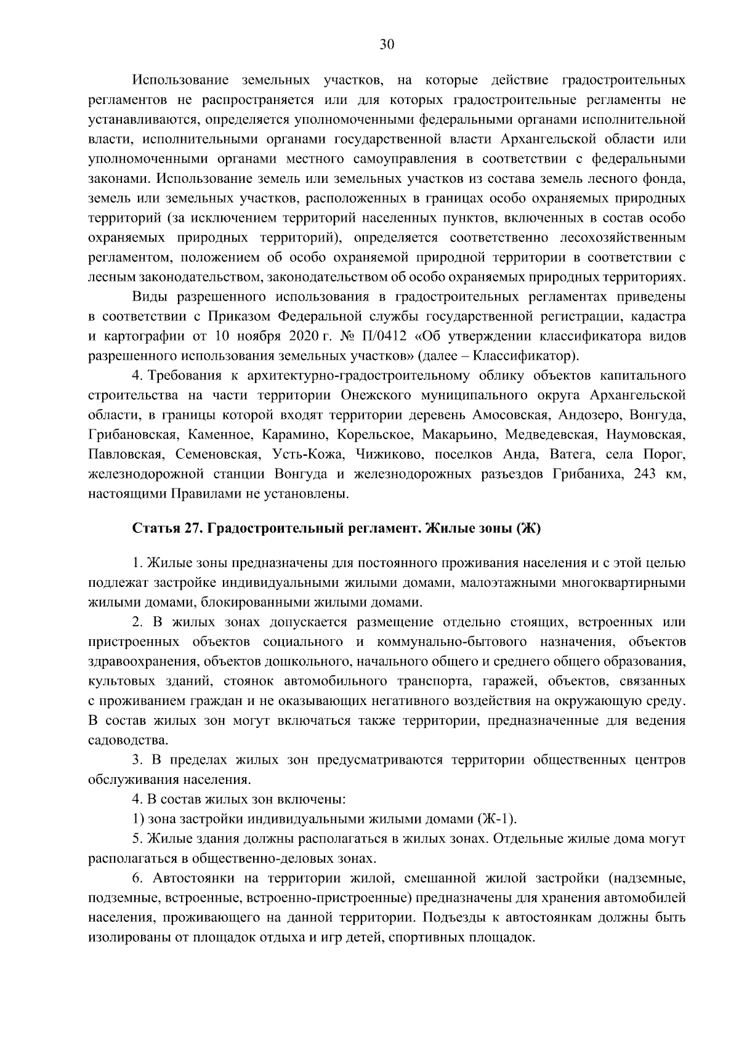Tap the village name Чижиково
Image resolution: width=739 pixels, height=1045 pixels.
pyautogui.click(x=386, y=454)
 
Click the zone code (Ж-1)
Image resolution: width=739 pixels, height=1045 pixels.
pyautogui.click(x=497, y=819)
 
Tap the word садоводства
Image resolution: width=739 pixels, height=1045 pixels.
pyautogui.click(x=120, y=740)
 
